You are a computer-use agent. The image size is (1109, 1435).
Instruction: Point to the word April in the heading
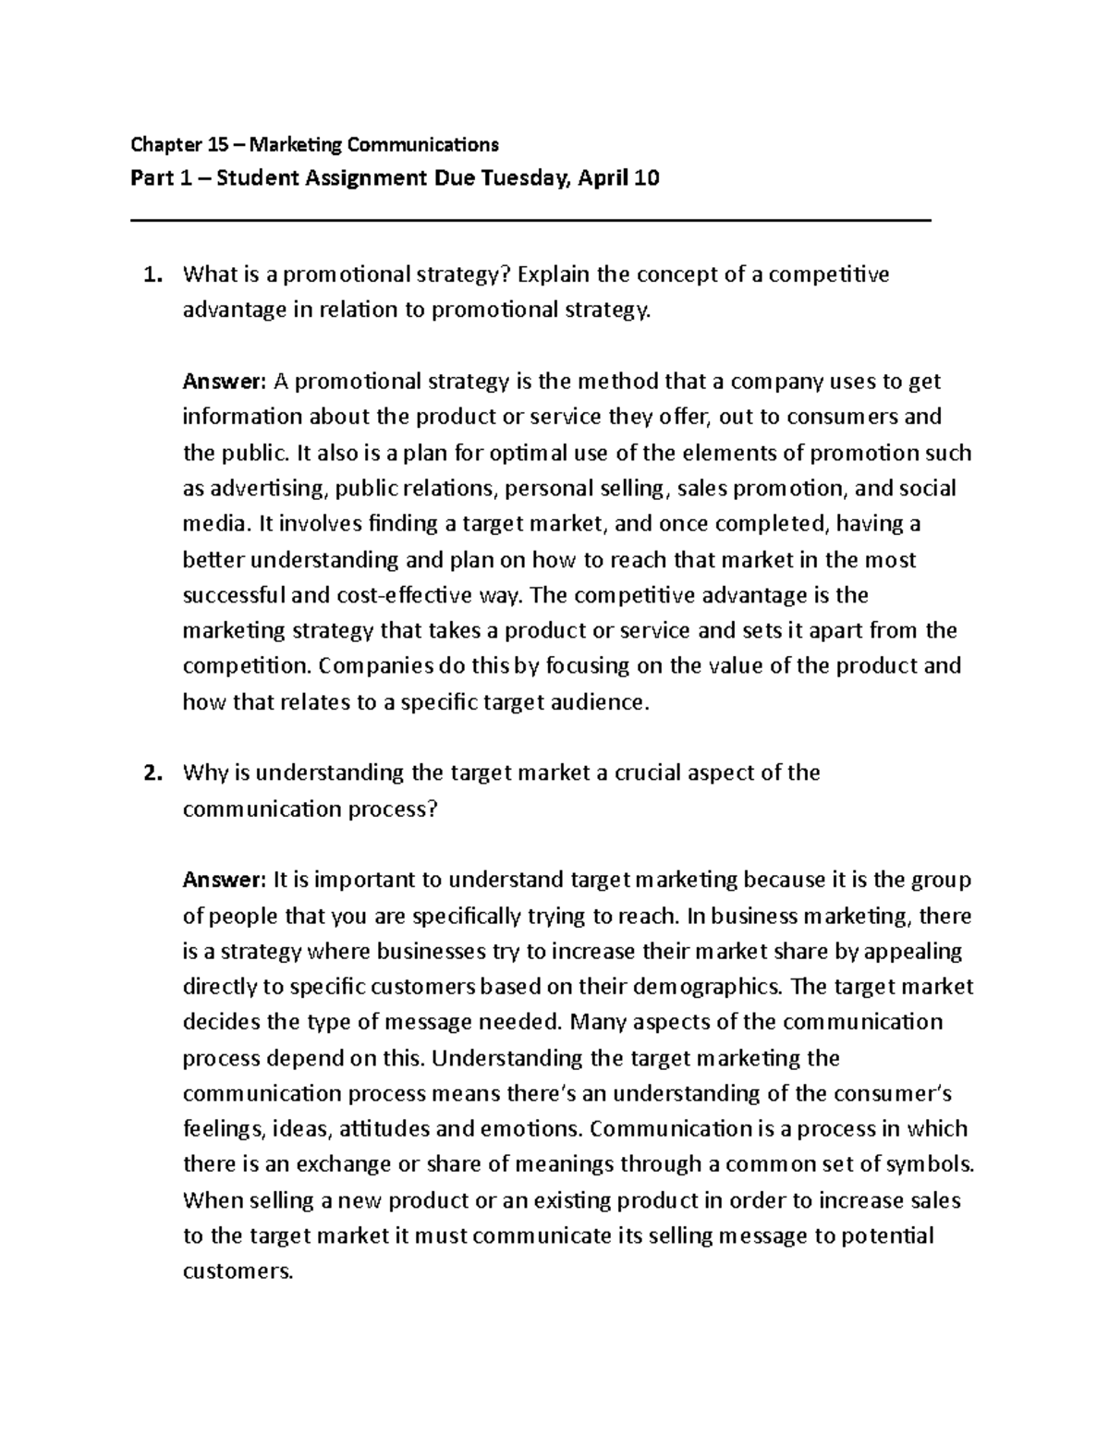[x=602, y=178]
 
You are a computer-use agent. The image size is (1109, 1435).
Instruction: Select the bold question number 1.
[x=152, y=274]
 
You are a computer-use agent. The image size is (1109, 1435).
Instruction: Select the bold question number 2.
[x=152, y=772]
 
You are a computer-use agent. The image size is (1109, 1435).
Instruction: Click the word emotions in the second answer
[x=530, y=1129]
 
